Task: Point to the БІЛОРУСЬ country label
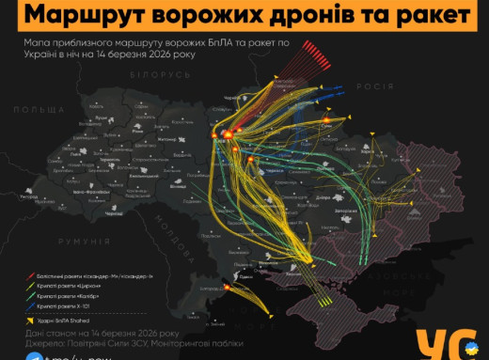point(146,74)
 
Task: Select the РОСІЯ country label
point(374,85)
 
